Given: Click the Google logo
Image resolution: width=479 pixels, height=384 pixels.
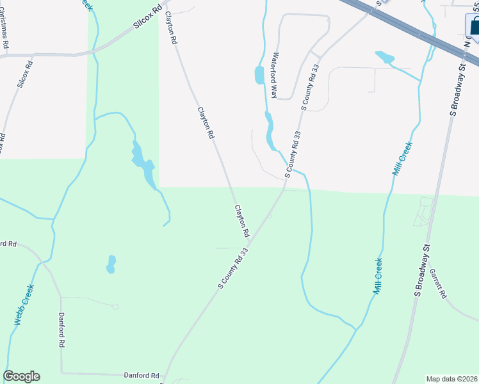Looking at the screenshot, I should pyautogui.click(x=21, y=376).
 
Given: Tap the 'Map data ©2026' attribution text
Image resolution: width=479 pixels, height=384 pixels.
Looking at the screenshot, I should pyautogui.click(x=451, y=379).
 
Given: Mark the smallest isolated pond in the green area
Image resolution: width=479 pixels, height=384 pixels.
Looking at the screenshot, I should pyautogui.click(x=111, y=264).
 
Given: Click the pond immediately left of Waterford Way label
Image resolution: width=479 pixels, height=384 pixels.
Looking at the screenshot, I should pyautogui.click(x=259, y=75).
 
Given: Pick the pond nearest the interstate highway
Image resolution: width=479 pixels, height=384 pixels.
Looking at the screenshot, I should pyautogui.click(x=385, y=58).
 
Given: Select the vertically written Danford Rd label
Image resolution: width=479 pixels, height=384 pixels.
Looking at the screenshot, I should pyautogui.click(x=61, y=330).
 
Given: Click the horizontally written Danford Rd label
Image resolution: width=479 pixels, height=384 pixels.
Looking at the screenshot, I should pyautogui.click(x=141, y=376).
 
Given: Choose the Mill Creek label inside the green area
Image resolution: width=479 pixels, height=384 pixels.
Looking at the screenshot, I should pyautogui.click(x=378, y=275).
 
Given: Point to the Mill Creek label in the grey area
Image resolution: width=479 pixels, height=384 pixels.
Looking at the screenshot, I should pyautogui.click(x=402, y=159).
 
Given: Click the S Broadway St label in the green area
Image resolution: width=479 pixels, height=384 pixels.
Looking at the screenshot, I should pyautogui.click(x=423, y=269).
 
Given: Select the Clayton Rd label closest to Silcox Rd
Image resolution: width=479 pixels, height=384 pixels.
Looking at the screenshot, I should pyautogui.click(x=170, y=28).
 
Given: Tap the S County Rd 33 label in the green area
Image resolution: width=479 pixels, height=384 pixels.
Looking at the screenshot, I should pyautogui.click(x=232, y=268).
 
